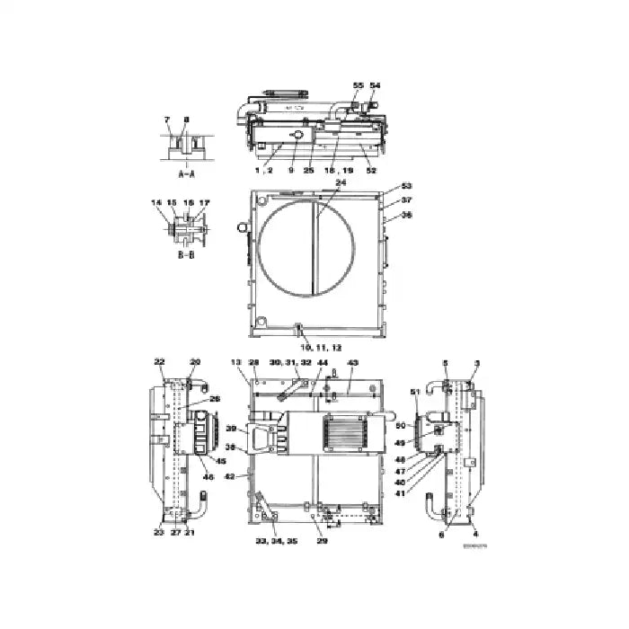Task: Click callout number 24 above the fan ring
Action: pyautogui.click(x=314, y=182)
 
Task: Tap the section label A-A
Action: pyautogui.click(x=186, y=174)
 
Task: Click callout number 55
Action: pyautogui.click(x=358, y=84)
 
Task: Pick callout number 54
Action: pyautogui.click(x=375, y=84)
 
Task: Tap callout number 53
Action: pyautogui.click(x=406, y=186)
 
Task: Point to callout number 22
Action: pyautogui.click(x=159, y=361)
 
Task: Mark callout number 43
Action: pyautogui.click(x=352, y=361)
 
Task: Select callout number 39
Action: pyautogui.click(x=230, y=429)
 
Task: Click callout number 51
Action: pyautogui.click(x=414, y=392)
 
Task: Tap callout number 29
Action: pyautogui.click(x=323, y=541)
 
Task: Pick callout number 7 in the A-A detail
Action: pyautogui.click(x=166, y=120)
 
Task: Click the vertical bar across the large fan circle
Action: pyautogui.click(x=313, y=245)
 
